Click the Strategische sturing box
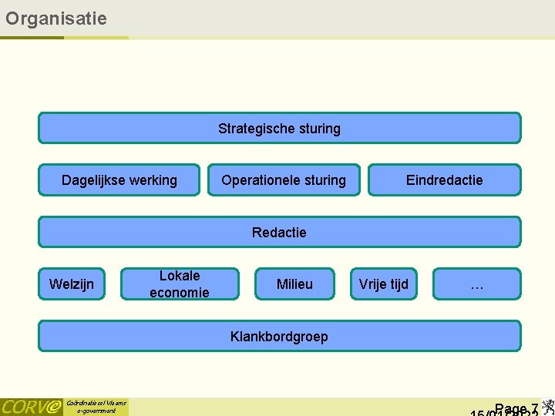pos(279,129)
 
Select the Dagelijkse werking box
pos(119,180)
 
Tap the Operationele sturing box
pos(284,180)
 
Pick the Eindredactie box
pos(444,180)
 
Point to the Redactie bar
pos(279,232)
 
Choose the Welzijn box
pos(72,284)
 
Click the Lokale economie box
pos(179,283)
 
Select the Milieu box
pos(294,284)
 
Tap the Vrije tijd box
pos(383,284)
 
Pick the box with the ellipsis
pos(476,284)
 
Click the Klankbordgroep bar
pos(279,336)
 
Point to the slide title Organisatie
pos(55,18)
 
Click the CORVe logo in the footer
pos(31,407)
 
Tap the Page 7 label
pos(516,408)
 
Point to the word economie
pos(179,293)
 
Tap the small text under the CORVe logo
pos(96,407)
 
